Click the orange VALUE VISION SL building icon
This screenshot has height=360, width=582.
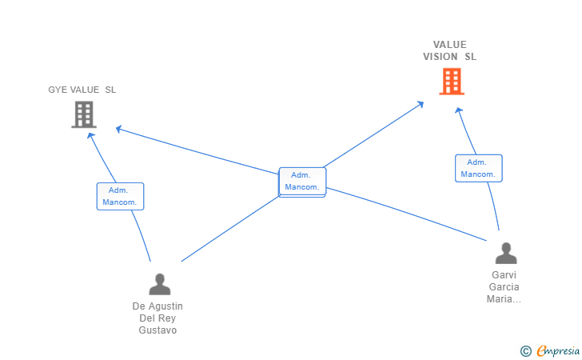coord(452,82)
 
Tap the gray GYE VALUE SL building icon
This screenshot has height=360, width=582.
coord(84,114)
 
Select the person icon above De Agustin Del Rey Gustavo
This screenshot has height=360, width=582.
coord(160,284)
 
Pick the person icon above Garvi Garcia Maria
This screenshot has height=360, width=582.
coord(505,254)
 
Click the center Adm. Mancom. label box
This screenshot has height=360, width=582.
coord(302,182)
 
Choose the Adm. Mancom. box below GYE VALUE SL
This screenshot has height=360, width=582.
coord(120,196)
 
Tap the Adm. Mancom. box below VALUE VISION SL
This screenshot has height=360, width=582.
coord(479,168)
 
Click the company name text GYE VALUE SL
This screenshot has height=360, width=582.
coord(82,90)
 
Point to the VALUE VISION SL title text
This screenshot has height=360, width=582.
coord(450,50)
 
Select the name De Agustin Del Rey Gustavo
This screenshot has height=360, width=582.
coord(157,318)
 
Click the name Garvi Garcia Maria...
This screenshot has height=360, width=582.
coord(504,287)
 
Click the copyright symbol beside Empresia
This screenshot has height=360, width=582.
coord(526,350)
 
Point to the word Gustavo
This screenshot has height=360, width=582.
coord(157,330)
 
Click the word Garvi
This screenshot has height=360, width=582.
coord(504,275)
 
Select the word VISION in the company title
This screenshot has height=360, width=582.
coord(440,57)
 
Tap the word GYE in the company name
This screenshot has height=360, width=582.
coord(58,90)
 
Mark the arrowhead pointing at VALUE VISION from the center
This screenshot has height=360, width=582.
coord(421,104)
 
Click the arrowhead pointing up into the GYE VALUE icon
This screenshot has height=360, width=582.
coord(91,136)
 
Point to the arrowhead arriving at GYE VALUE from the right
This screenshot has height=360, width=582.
coord(119,128)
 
